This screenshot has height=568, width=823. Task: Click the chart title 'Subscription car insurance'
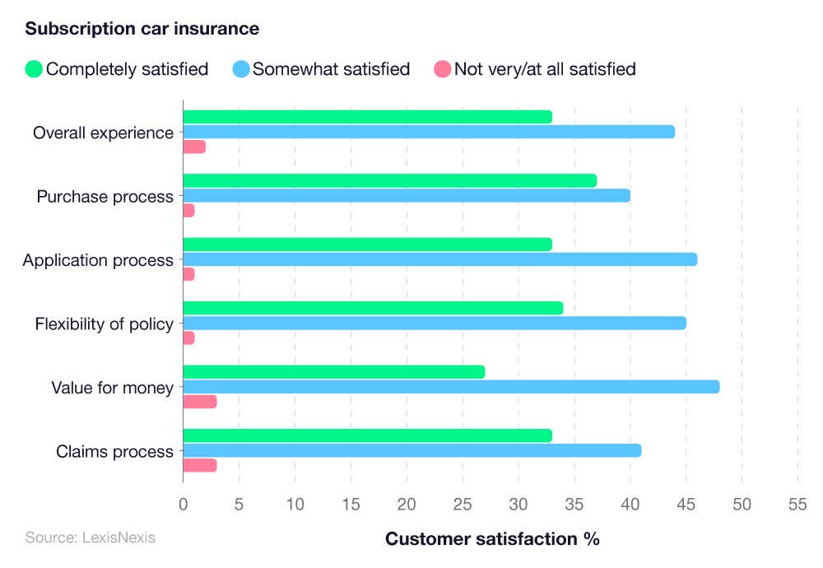142,29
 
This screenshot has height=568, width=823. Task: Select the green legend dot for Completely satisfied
34,69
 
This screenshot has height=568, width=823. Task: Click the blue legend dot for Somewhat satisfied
240,69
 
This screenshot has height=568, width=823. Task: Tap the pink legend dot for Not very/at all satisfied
442,69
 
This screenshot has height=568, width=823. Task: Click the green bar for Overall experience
367,117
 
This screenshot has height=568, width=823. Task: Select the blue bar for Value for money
451,387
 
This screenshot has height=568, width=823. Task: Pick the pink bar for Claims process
199,465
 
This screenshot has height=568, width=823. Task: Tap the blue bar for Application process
439,259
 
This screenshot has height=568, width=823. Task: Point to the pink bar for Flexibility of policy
188,338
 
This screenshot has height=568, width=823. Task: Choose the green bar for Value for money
333,372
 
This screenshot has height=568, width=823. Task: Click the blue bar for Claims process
411,450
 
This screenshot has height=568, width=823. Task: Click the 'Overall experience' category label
103,133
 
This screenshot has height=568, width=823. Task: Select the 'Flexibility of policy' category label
104,324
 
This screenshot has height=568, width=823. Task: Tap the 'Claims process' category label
114,451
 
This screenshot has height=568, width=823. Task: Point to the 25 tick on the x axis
463,503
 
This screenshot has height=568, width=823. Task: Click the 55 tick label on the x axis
797,503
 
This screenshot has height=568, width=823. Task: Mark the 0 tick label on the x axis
183,503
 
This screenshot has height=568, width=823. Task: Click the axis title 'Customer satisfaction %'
492,539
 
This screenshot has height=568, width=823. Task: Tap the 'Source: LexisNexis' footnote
90,538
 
